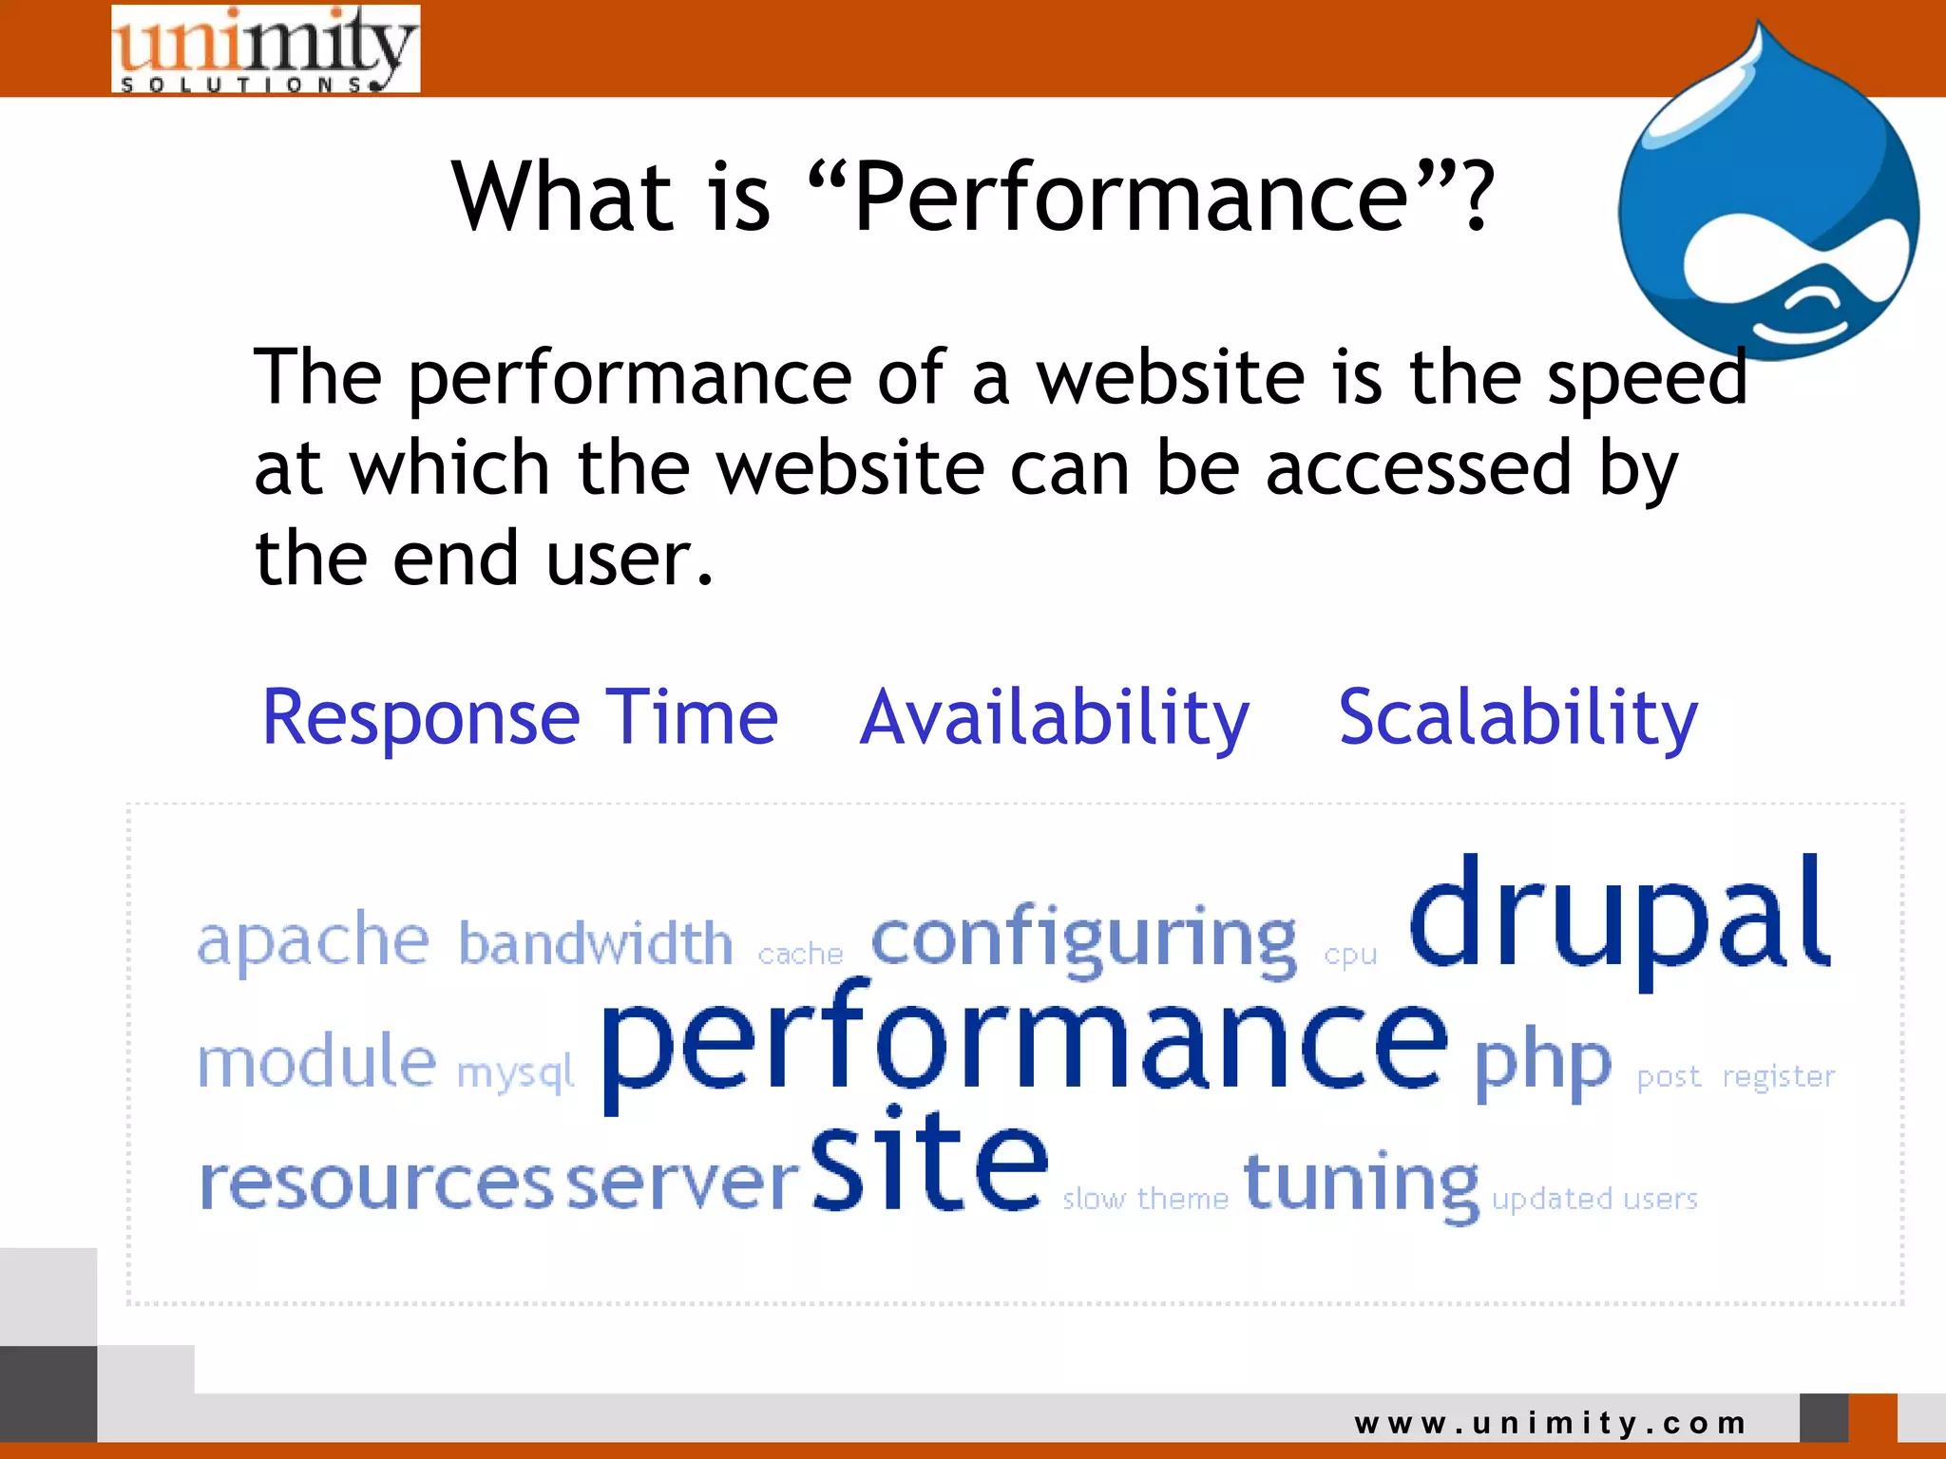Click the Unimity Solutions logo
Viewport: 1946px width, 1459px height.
click(x=265, y=49)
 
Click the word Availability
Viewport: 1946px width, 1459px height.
click(x=1054, y=718)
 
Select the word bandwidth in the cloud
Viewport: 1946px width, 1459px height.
click(x=596, y=943)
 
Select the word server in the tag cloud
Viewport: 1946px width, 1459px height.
click(x=682, y=1184)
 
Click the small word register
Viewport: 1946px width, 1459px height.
click(x=1778, y=1076)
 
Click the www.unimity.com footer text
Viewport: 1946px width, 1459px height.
click(x=1551, y=1423)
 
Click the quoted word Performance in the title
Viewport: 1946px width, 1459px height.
click(x=1129, y=197)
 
